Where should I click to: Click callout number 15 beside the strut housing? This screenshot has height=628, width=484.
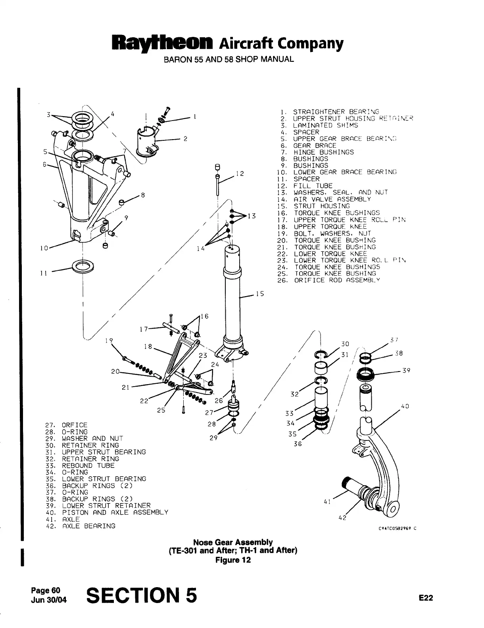pos(259,294)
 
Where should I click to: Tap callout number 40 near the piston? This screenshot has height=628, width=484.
pos(405,406)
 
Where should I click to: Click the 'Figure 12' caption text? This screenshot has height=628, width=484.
pos(233,560)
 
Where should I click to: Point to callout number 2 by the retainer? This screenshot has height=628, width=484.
pos(185,139)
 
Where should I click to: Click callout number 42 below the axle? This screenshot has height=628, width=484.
pos(342,518)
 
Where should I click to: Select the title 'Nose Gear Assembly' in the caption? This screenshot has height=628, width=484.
pos(233,542)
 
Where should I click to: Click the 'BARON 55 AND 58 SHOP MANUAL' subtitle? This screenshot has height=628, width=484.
pos(229,59)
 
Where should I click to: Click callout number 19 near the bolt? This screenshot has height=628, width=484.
pos(109,340)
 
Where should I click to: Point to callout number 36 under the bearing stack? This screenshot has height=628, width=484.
pos(298,444)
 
